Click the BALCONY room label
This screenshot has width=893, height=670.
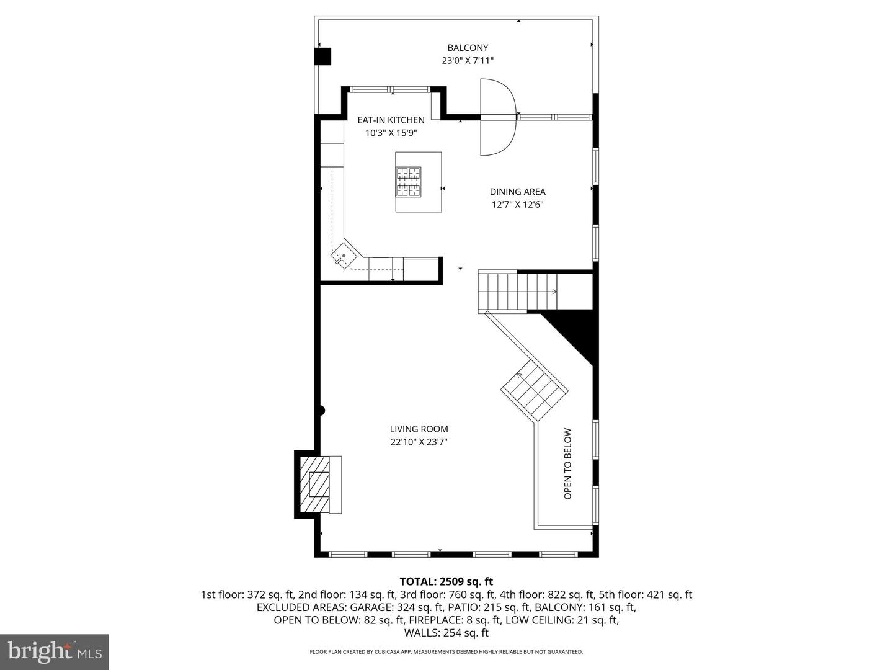pos(468,48)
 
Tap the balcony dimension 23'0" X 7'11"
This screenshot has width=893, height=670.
pos(468,61)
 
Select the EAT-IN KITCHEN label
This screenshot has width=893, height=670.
pos(391,120)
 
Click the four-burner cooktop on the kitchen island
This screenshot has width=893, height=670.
pos(408,182)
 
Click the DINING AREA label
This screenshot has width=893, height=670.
pos(517,192)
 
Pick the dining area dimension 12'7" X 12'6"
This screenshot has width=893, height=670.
pos(517,205)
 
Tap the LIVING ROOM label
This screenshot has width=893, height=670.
pos(419,429)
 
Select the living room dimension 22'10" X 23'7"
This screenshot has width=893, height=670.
pos(419,442)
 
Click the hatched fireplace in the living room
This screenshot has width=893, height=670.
pos(320,484)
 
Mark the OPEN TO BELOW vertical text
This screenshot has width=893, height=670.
pos(567,464)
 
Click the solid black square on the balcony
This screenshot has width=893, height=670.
pos(323,56)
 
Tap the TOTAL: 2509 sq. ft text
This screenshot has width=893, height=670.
pos(446,581)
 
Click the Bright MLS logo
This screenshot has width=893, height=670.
pos(54,651)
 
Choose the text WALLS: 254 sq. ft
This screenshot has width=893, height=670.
pos(446,633)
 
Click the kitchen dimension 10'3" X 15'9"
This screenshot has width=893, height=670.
pos(391,133)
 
